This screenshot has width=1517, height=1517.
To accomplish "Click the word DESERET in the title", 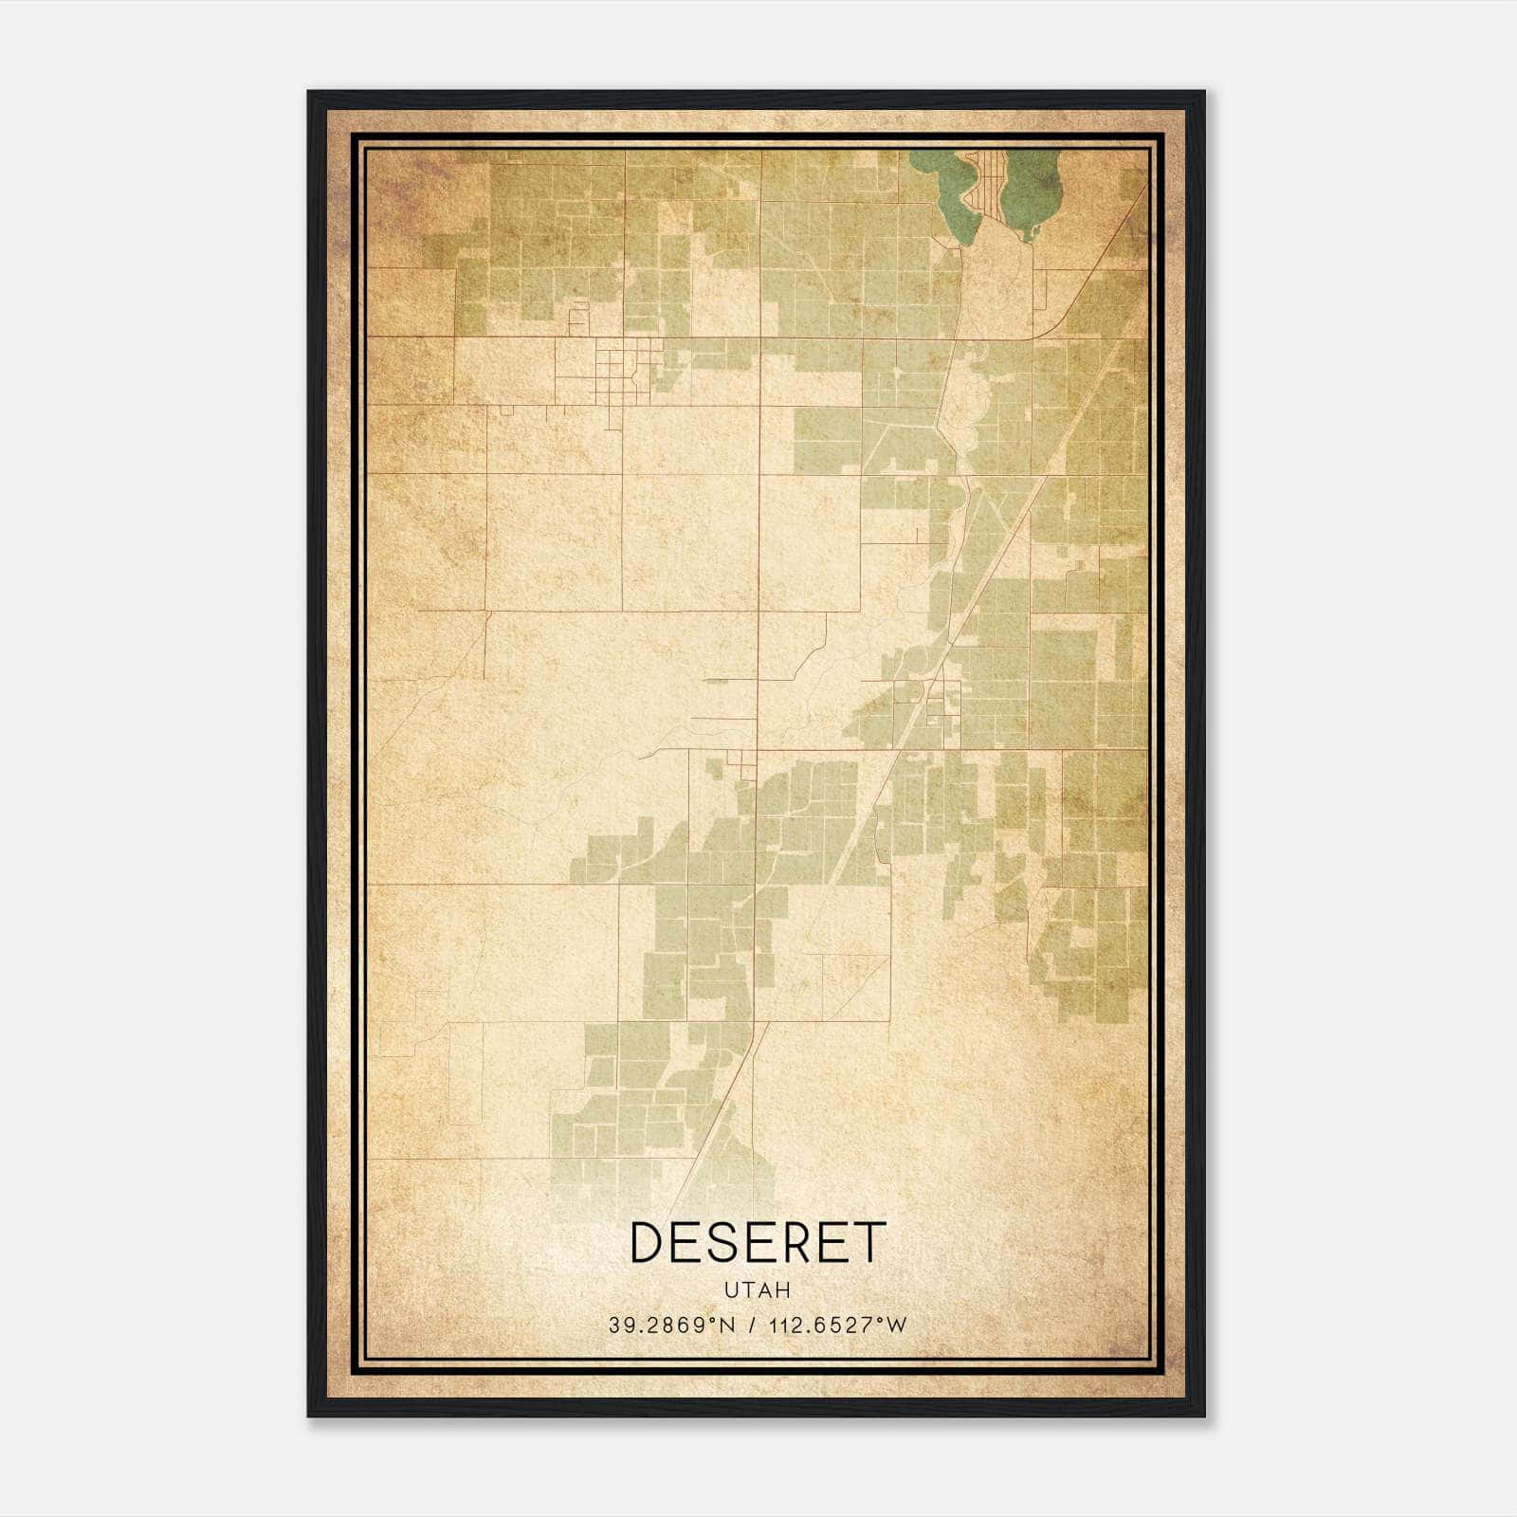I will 758,1243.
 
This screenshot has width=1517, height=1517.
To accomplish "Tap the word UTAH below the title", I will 758,1290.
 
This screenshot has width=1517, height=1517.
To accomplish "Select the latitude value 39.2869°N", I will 671,1325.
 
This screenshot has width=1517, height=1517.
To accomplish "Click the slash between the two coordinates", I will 752,1325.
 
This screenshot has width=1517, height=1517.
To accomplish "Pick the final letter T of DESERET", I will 869,1243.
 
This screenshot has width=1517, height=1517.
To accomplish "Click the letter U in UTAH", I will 730,1290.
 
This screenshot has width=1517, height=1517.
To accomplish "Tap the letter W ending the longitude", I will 897,1325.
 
